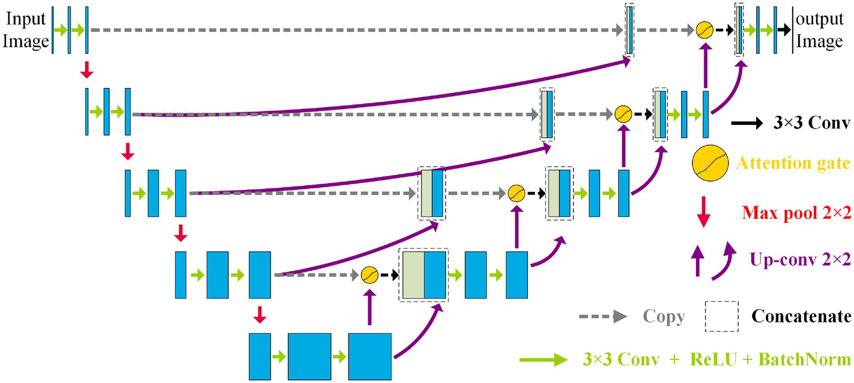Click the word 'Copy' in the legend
(664, 316)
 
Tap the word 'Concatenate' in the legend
(801, 316)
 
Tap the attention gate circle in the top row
(705, 30)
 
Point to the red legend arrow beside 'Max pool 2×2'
(704, 212)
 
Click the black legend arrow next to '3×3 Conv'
(747, 124)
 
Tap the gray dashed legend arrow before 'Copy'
(603, 316)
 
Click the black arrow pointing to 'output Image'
(784, 30)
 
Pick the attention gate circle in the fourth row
(369, 274)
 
